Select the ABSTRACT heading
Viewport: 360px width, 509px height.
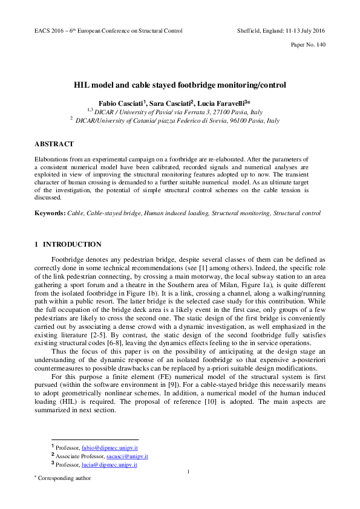click(x=54, y=144)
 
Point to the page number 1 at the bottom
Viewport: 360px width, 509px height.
click(x=189, y=472)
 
